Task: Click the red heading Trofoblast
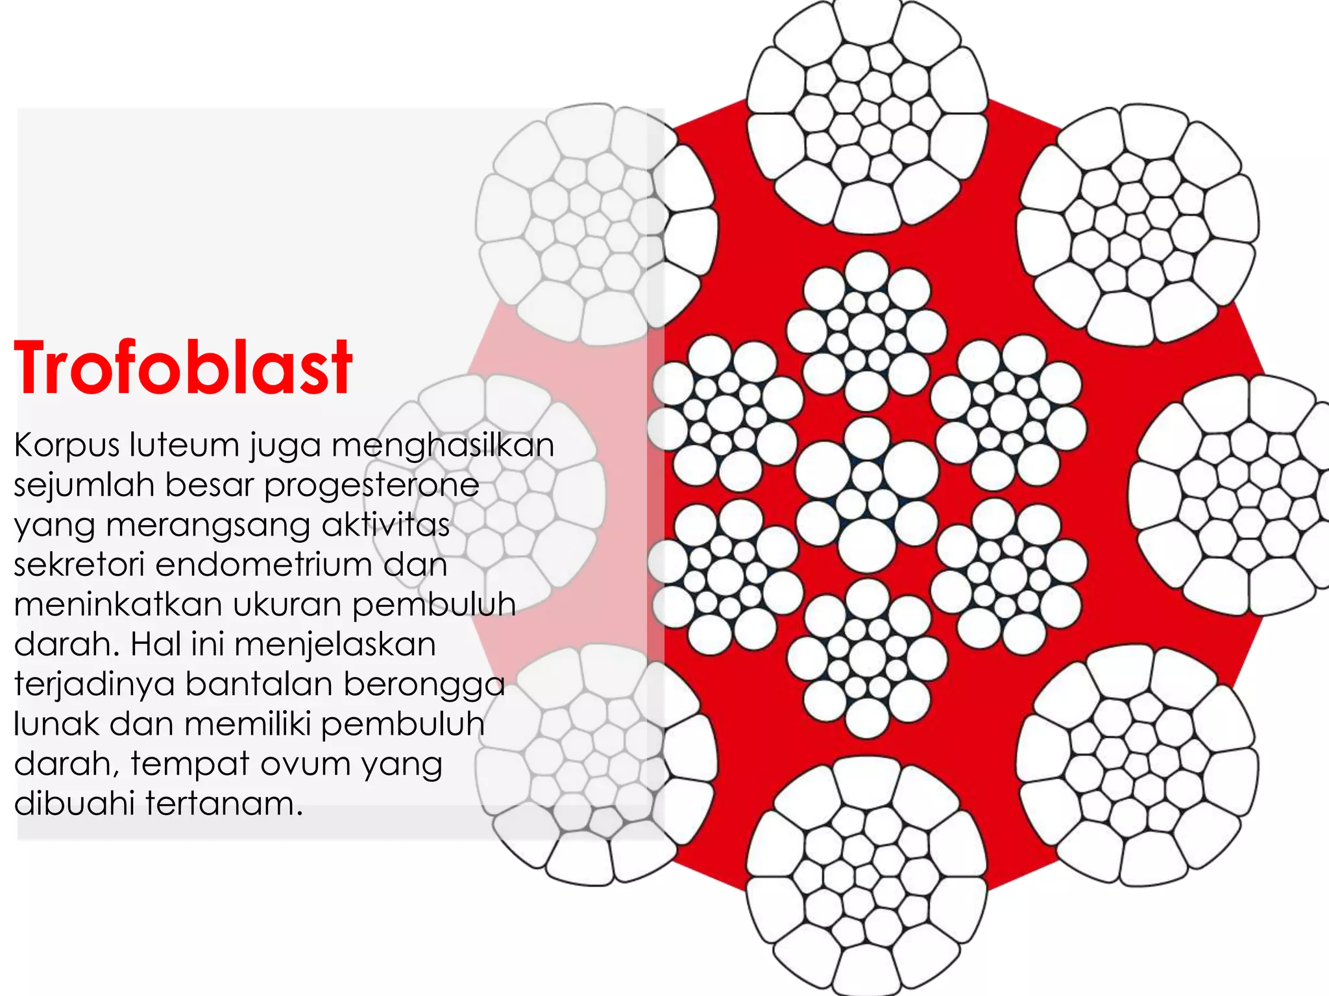coord(183,368)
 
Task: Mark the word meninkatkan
coord(117,605)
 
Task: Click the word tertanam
coord(224,804)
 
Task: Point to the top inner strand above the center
coord(867,331)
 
